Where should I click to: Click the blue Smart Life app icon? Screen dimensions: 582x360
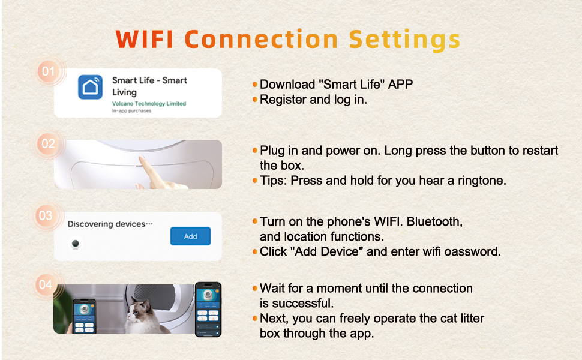[x=90, y=87]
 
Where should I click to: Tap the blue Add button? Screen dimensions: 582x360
[x=190, y=236]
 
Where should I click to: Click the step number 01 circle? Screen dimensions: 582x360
[x=49, y=71]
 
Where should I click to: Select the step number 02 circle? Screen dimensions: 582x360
[x=48, y=143]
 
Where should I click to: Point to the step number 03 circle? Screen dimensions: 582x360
[x=46, y=215]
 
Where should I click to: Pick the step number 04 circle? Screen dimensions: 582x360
[x=46, y=284]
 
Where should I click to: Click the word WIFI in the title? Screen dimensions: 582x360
[x=145, y=39]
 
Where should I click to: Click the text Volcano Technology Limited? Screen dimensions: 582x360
[x=149, y=104]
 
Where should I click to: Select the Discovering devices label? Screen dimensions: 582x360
[x=110, y=224]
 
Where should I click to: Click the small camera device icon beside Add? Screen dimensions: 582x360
[x=76, y=244]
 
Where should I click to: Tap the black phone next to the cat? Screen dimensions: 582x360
[x=208, y=309]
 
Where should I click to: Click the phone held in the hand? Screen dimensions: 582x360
[x=84, y=316]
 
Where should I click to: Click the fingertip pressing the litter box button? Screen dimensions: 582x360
[x=142, y=159]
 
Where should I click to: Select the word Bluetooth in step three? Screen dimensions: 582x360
[x=434, y=221]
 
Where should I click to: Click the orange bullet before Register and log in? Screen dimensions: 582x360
[x=255, y=100]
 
